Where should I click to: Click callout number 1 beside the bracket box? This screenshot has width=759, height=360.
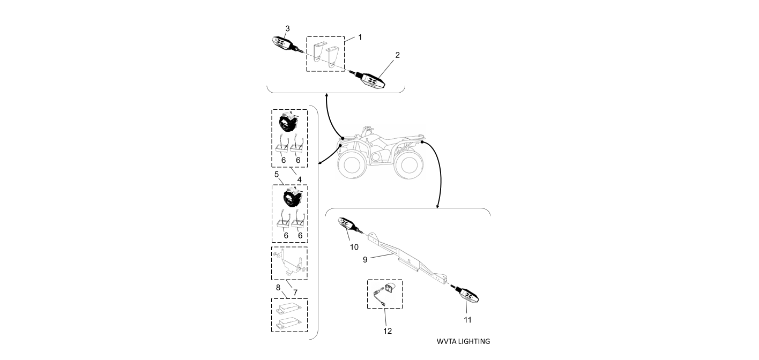click(360, 37)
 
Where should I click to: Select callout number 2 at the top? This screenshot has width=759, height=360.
click(397, 55)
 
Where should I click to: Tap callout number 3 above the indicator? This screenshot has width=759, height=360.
click(287, 28)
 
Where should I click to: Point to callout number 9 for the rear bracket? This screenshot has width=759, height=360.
click(364, 259)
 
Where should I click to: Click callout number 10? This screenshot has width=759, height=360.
click(354, 247)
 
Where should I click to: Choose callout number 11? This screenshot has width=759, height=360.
click(467, 320)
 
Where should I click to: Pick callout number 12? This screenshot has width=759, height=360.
click(387, 331)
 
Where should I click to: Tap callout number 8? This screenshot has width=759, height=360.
click(278, 287)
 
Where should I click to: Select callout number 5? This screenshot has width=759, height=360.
click(277, 174)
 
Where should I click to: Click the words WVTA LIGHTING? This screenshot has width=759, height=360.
click(463, 341)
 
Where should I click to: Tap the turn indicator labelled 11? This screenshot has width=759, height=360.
click(466, 294)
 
